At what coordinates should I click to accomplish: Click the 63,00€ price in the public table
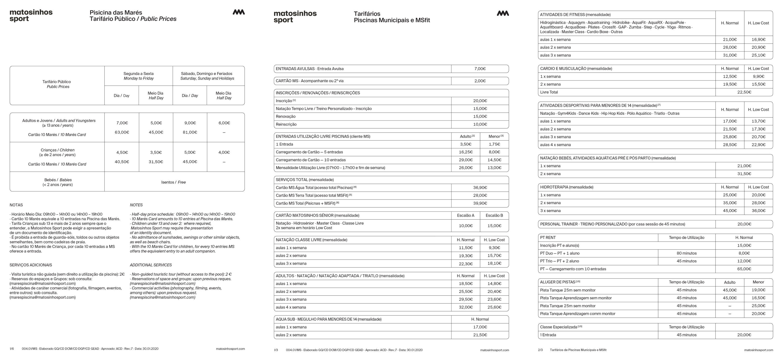[x=122, y=132]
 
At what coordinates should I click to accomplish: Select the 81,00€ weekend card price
[x=190, y=132]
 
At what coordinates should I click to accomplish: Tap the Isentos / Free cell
[x=174, y=182]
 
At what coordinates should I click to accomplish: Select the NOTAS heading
[x=16, y=205]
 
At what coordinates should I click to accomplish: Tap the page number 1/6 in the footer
[x=12, y=349]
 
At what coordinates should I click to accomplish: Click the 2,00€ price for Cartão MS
[x=480, y=81]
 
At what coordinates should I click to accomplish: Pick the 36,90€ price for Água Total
[x=480, y=188]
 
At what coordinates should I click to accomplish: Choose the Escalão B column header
[x=494, y=215]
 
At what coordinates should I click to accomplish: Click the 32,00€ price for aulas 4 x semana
[x=466, y=307]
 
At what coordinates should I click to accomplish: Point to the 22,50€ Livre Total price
[x=744, y=92]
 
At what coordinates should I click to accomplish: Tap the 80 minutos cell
[x=686, y=253]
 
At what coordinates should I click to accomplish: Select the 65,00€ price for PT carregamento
[x=744, y=269]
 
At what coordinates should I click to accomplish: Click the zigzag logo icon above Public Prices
[x=239, y=12]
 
